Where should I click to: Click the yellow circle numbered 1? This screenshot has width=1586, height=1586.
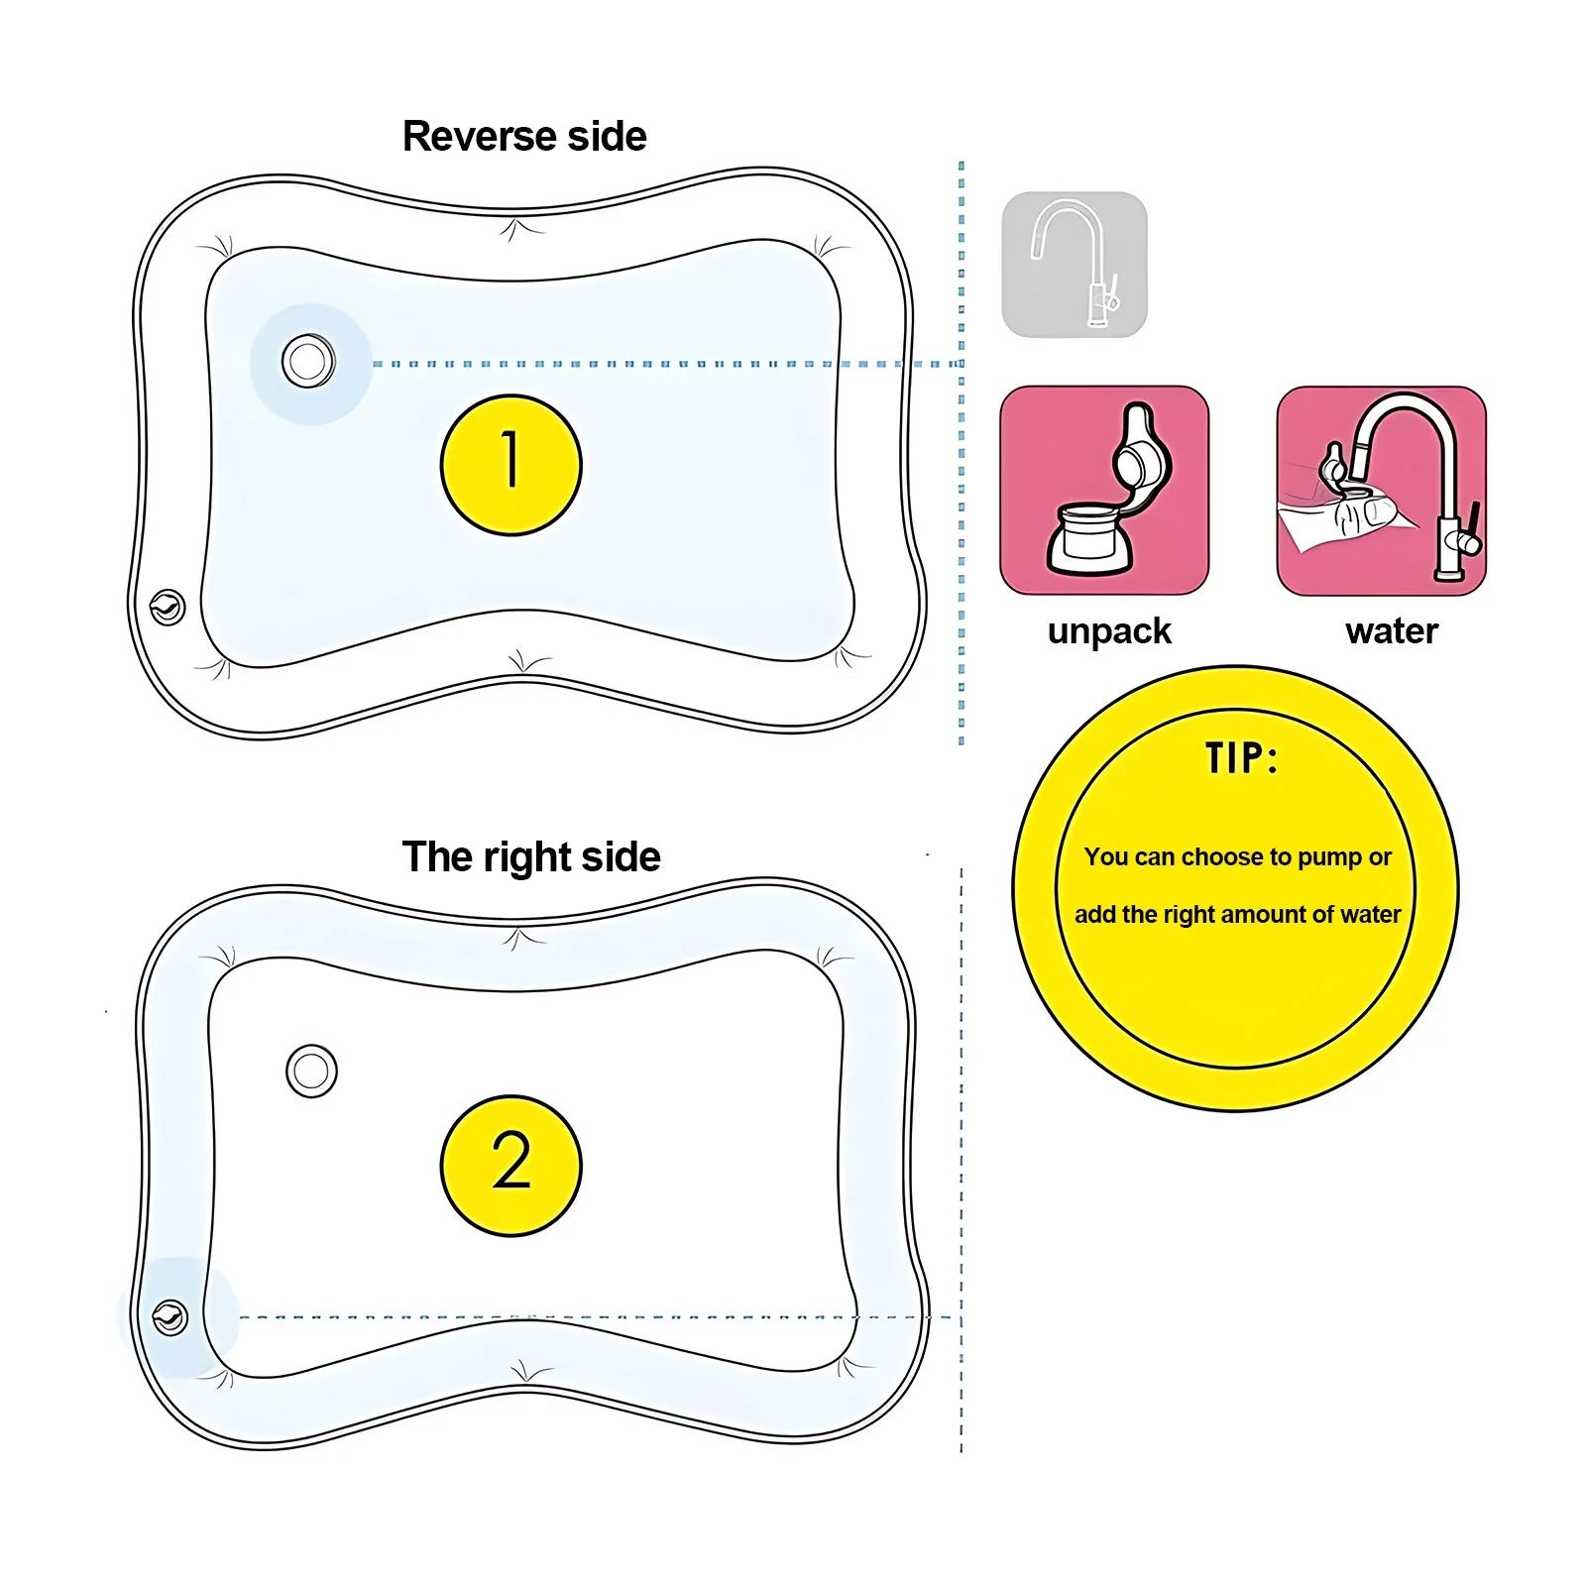(510, 465)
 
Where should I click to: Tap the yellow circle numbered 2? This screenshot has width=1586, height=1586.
(510, 1166)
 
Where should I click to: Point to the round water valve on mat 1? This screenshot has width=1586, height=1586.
(308, 361)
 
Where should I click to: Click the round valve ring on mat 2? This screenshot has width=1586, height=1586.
(311, 1071)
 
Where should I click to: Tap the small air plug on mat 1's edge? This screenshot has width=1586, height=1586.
(167, 607)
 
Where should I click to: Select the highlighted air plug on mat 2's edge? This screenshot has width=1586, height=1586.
(170, 1318)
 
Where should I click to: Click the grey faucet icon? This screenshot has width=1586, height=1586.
(1075, 265)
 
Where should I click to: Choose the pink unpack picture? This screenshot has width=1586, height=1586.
(1104, 491)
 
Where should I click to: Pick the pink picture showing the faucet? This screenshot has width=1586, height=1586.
(1381, 491)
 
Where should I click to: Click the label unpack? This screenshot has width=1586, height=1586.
(1109, 631)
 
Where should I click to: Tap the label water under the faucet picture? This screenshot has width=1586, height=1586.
(1392, 631)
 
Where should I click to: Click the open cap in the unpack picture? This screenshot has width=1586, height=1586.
(1142, 451)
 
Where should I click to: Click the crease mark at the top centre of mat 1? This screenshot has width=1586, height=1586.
(513, 230)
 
